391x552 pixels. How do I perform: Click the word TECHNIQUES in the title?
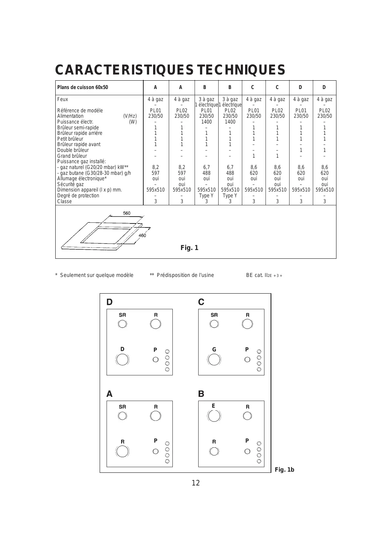click(x=241, y=70)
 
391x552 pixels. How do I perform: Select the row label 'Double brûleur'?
click(x=73, y=150)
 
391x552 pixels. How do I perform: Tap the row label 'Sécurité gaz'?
click(x=71, y=184)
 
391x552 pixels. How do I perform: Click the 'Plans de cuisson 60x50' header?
click(x=83, y=88)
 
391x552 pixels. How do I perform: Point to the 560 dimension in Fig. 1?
click(x=127, y=213)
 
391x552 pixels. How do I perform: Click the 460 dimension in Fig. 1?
click(x=142, y=235)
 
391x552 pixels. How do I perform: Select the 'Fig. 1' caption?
click(x=189, y=248)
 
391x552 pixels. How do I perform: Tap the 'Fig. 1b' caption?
click(x=284, y=470)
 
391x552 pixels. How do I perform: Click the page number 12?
click(x=196, y=483)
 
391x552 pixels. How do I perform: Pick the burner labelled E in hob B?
click(x=214, y=416)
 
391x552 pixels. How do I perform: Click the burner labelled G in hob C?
click(x=214, y=359)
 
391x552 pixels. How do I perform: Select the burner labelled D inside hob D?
click(x=122, y=359)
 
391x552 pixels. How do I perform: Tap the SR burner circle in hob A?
click(x=123, y=416)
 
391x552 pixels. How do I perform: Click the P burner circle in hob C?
click(x=247, y=359)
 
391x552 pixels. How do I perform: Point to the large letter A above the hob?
click(x=109, y=394)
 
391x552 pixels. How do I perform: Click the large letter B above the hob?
click(x=201, y=394)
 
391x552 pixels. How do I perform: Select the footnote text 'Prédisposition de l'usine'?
click(x=185, y=275)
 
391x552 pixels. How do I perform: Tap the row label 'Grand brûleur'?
click(x=72, y=156)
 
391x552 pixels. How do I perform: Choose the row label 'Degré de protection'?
click(x=78, y=196)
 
